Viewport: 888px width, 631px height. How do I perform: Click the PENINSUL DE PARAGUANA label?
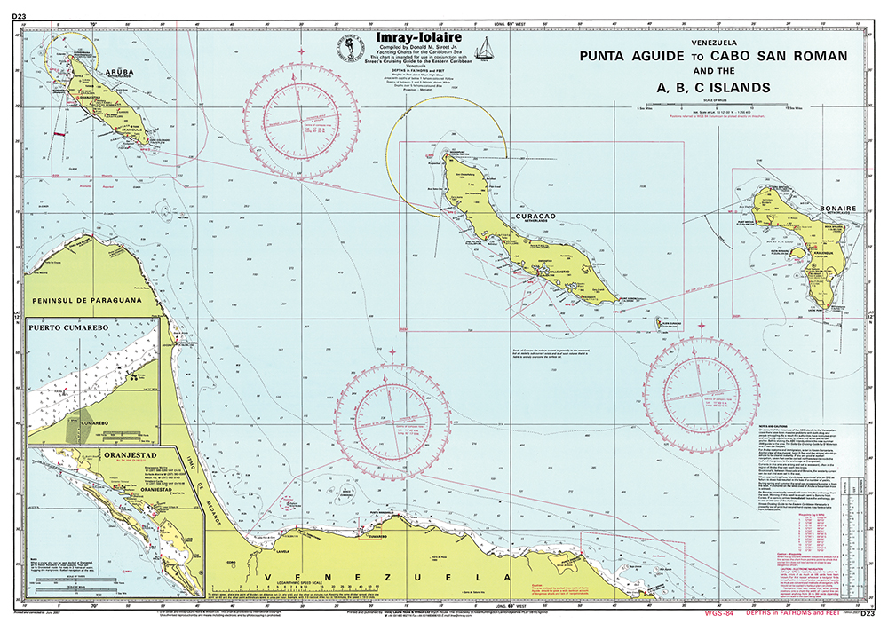coord(87,300)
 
